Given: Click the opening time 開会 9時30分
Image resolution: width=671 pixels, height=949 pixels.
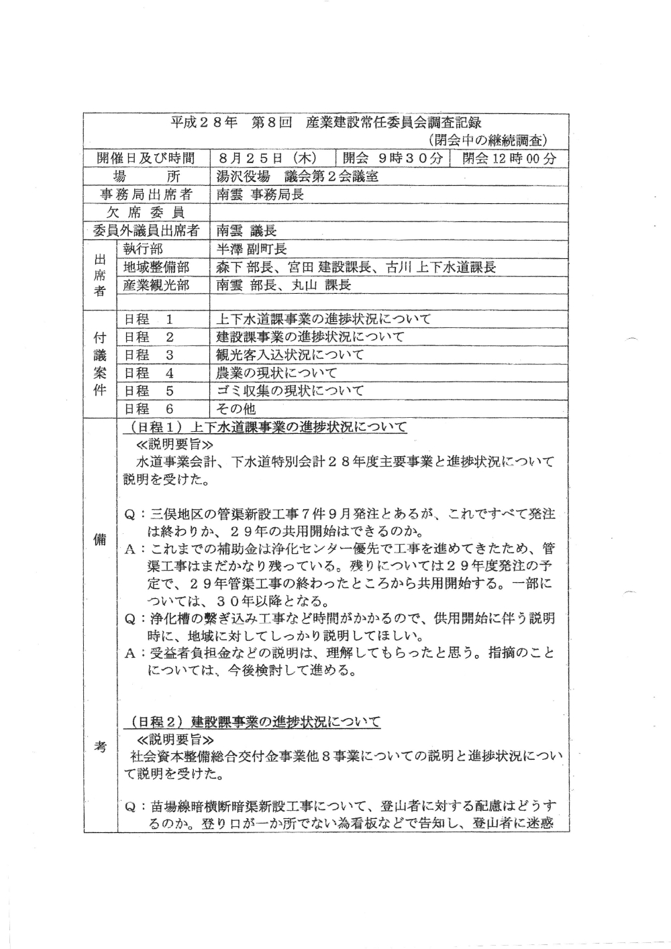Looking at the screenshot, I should [393, 159].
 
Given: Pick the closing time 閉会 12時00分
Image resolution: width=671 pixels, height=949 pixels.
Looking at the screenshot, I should [510, 159].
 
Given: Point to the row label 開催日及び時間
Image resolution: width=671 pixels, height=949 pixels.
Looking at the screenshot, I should [146, 159].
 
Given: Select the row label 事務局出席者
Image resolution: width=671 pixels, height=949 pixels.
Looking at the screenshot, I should [146, 195].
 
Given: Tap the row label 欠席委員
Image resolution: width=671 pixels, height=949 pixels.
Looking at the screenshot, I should [146, 213].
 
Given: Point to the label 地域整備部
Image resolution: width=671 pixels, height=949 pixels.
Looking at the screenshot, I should [156, 268].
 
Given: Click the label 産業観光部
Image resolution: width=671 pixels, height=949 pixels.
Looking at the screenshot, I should [156, 286].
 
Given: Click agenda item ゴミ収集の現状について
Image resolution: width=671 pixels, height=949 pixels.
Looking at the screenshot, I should [290, 391].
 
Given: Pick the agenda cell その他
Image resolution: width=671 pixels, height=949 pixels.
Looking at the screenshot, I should [236, 409].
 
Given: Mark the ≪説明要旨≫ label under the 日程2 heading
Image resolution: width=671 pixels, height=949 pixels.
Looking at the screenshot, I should [175, 740].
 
